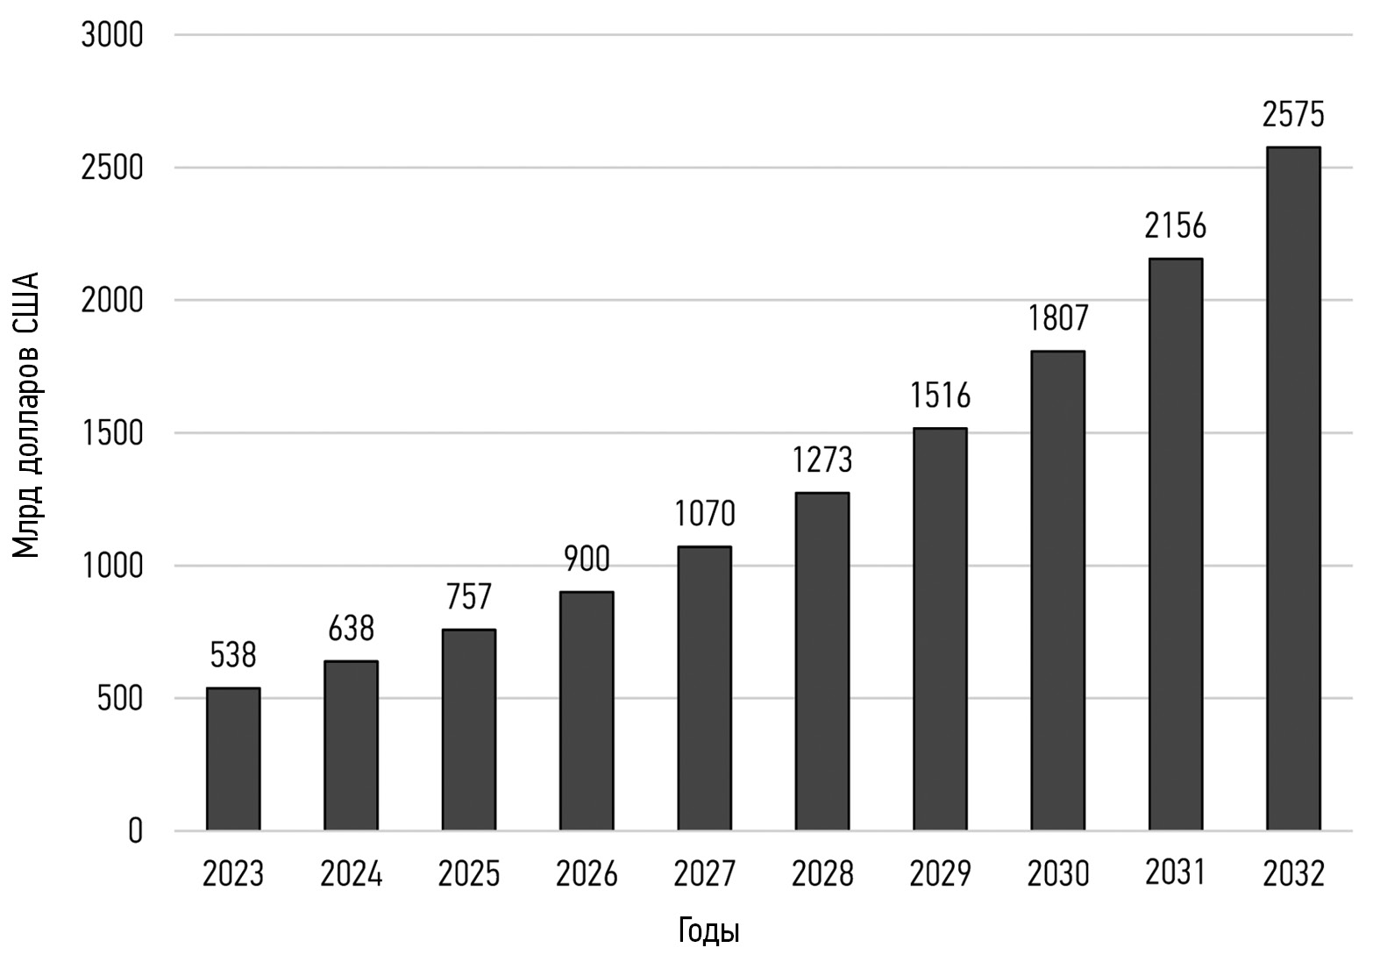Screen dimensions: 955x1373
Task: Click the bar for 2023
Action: (x=233, y=759)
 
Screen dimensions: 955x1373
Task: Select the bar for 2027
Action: (x=704, y=688)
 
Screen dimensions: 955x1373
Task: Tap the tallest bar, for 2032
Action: (x=1293, y=488)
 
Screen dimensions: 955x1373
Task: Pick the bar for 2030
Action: (x=1057, y=590)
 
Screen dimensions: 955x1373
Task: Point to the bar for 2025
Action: (x=468, y=730)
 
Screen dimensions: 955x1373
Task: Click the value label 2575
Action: (x=1293, y=115)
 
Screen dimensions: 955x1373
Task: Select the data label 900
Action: (x=586, y=559)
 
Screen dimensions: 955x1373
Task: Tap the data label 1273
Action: (x=822, y=460)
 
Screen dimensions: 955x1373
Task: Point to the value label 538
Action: (x=233, y=655)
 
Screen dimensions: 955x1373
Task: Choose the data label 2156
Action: (x=1175, y=226)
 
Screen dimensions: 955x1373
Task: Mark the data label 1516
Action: (x=940, y=396)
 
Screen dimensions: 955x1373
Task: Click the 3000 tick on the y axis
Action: (x=111, y=36)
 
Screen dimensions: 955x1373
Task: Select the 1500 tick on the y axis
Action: (x=111, y=433)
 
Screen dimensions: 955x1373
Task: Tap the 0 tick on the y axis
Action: (x=135, y=830)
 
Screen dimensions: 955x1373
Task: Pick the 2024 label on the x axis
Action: (x=351, y=874)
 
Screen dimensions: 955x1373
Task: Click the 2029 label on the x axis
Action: (x=940, y=874)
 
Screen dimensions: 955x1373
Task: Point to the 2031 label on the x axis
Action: (x=1175, y=873)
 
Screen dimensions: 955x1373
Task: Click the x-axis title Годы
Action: (x=708, y=931)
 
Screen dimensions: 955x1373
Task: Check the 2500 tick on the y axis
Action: (x=111, y=168)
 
